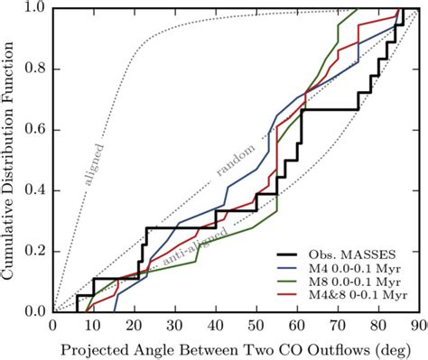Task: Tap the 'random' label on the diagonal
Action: [x=237, y=158]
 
